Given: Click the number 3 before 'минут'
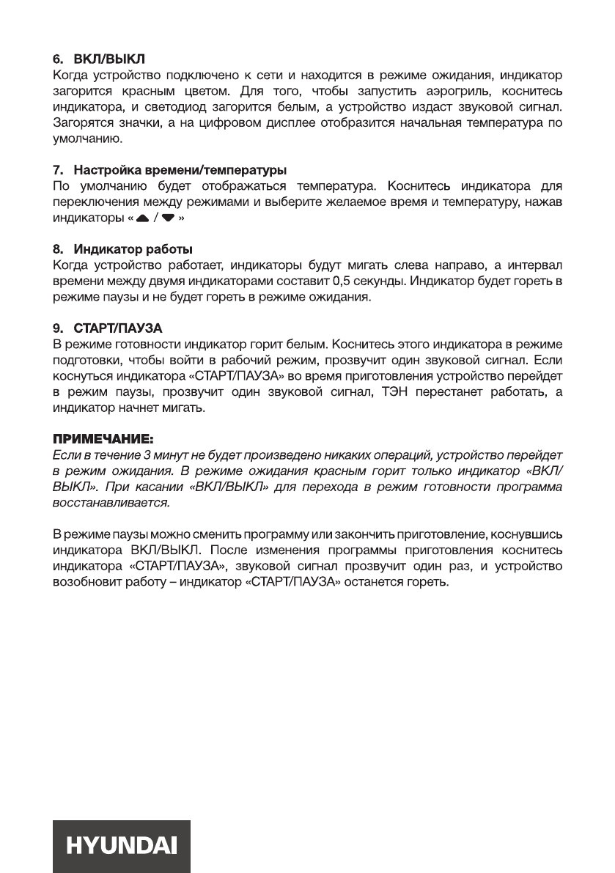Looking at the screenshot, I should click(x=145, y=454).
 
